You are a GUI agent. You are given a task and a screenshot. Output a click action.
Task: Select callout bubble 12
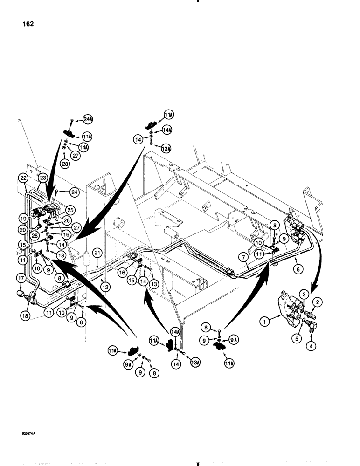tap(105, 288)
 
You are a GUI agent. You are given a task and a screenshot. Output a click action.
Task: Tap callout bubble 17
tap(21, 280)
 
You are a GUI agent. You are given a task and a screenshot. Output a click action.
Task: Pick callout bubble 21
tap(97, 252)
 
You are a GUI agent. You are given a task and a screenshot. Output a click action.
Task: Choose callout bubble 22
tap(23, 177)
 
